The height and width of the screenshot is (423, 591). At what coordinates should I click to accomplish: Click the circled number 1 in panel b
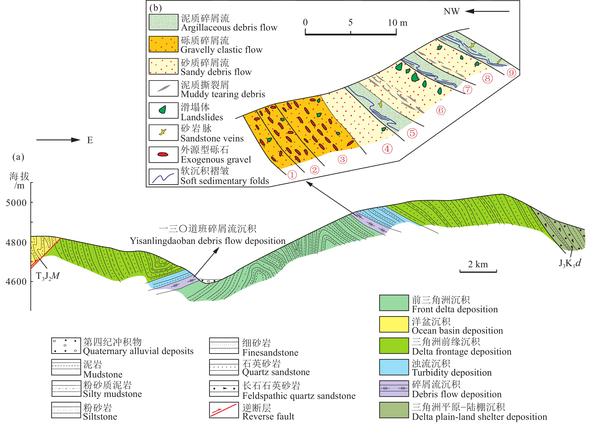pos(292,175)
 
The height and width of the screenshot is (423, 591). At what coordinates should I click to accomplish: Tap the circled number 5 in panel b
pos(412,133)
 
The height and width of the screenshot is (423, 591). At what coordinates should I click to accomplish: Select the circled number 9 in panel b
pos(511,73)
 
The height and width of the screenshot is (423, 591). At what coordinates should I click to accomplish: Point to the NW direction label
pos(452,11)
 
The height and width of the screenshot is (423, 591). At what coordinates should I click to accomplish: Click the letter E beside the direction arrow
pos(90,140)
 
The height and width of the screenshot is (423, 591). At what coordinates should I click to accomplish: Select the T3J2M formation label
pos(48,276)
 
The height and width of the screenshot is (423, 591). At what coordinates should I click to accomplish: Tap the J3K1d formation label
pos(570,263)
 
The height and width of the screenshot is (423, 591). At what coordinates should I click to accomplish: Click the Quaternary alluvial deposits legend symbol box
pos(66,345)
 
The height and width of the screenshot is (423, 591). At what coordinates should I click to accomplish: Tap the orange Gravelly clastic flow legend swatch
pos(163,44)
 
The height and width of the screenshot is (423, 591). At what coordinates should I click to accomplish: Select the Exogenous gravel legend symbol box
pos(163,154)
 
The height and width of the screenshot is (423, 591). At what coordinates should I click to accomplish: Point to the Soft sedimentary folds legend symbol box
pos(163,177)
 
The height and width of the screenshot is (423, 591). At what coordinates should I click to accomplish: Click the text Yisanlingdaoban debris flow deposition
pos(208,241)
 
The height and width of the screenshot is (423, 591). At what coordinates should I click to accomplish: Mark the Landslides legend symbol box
pos(163,110)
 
